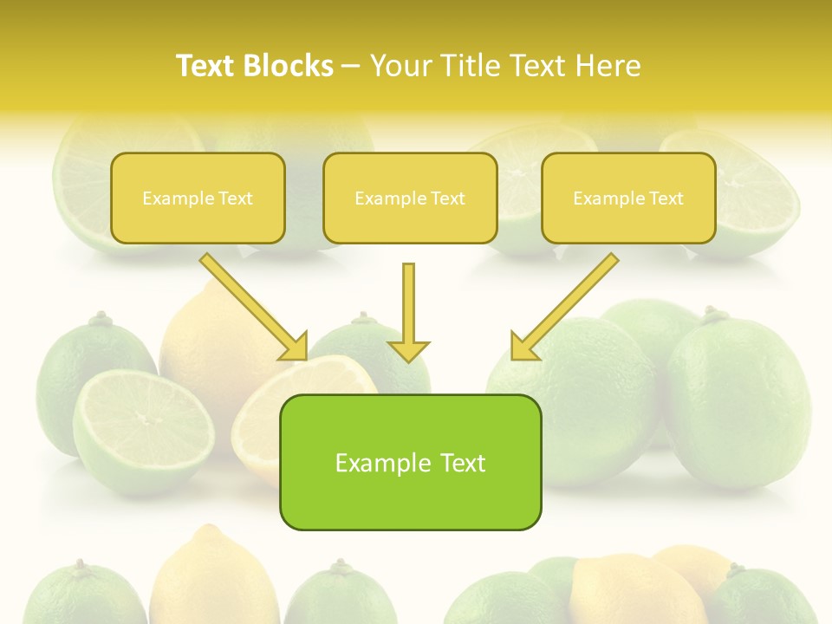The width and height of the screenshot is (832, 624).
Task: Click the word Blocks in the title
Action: (x=288, y=66)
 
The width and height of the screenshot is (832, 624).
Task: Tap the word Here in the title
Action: (x=608, y=66)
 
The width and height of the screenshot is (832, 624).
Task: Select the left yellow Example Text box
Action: (x=198, y=198)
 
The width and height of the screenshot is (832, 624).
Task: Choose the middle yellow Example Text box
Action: (x=410, y=198)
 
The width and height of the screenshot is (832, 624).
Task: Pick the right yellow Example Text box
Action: (x=628, y=198)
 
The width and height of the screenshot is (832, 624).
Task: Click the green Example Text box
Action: (x=410, y=462)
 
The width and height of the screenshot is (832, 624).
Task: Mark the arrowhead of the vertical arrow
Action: (x=408, y=350)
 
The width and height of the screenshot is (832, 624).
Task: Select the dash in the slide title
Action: (x=351, y=67)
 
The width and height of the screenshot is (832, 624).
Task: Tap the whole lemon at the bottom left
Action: (x=213, y=576)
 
